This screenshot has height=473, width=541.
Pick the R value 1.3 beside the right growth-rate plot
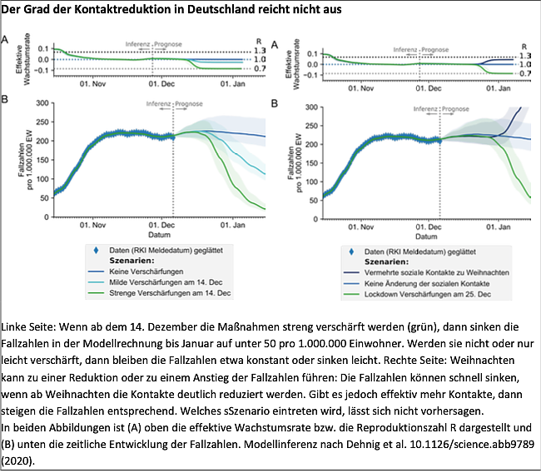point(524,55)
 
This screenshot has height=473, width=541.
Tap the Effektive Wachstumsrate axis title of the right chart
point(289,62)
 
